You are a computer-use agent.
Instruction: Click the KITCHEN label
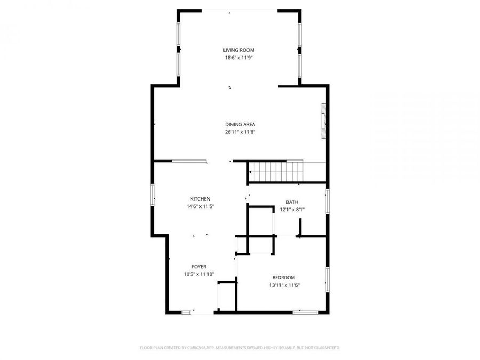tap(201, 198)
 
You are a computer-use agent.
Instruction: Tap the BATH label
tap(292, 202)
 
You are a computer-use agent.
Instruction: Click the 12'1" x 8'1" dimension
tap(292, 209)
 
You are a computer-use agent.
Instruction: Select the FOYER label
tap(199, 267)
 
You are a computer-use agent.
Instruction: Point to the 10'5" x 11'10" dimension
tap(199, 274)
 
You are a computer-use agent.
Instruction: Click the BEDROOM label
tap(283, 277)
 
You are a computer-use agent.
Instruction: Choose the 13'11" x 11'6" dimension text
tap(283, 285)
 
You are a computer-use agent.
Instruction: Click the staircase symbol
tap(277, 172)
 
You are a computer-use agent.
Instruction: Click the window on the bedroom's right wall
tap(327, 280)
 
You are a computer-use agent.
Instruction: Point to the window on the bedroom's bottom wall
tap(305, 312)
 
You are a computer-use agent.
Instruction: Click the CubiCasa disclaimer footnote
tap(239, 348)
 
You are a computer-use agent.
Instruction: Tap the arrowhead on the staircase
tap(250, 172)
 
